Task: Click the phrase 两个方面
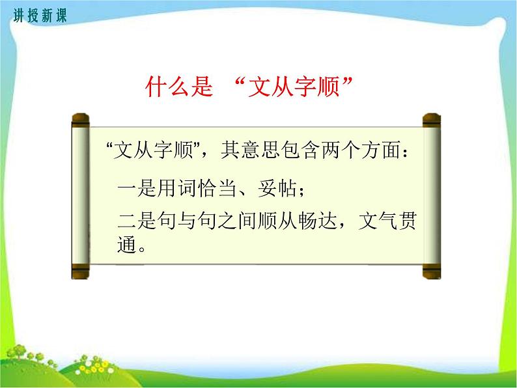click(364, 152)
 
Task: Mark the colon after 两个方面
click(406, 154)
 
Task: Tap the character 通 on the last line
click(126, 246)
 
